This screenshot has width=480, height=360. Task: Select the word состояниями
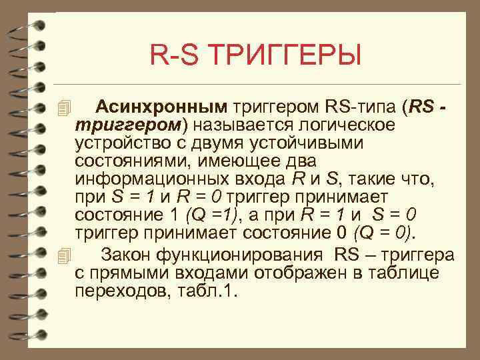coord(127,162)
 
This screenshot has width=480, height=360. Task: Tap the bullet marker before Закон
coord(63,255)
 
